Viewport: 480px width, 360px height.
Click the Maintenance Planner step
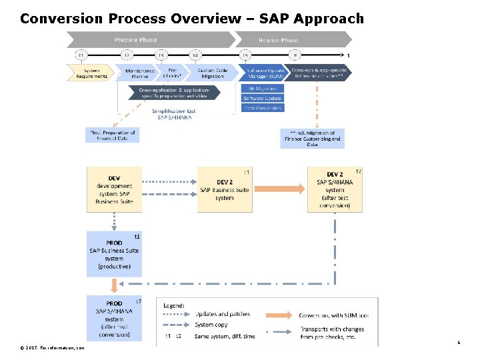[140, 73]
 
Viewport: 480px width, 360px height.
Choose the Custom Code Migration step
[213, 73]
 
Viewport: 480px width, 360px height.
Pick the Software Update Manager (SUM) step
[265, 73]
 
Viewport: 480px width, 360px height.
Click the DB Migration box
[263, 88]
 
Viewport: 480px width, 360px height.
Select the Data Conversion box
[263, 108]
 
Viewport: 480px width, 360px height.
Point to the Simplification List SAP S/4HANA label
[173, 114]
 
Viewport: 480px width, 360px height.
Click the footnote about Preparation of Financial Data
[112, 135]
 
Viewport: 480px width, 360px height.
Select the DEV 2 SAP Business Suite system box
[225, 189]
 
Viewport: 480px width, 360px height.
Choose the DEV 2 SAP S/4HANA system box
[335, 189]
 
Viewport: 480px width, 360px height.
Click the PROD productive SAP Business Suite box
[114, 253]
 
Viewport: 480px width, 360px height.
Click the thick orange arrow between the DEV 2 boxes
[279, 189]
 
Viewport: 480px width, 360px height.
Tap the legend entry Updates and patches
[221, 314]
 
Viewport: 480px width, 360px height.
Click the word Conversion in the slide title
[59, 19]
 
